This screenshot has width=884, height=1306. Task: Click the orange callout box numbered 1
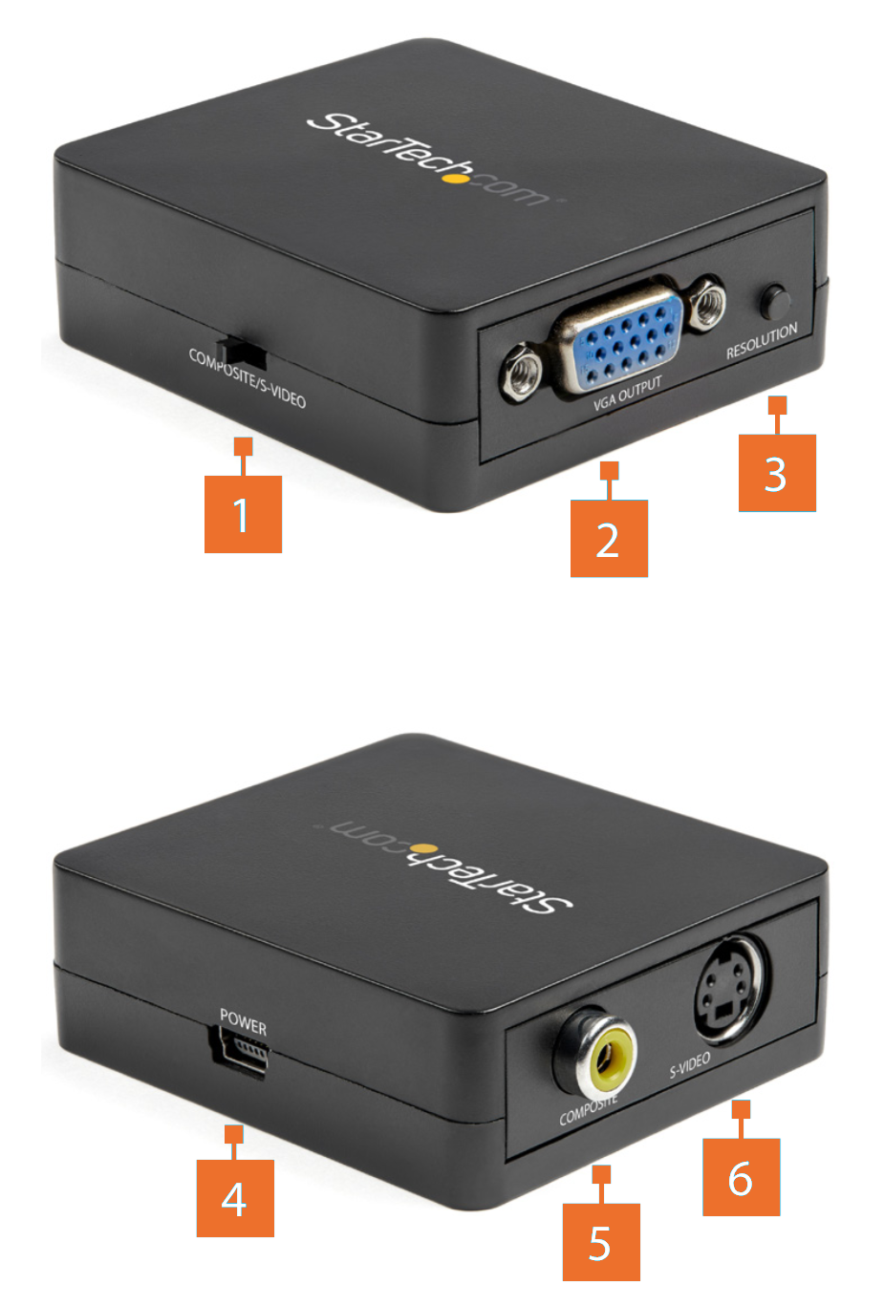pyautogui.click(x=243, y=514)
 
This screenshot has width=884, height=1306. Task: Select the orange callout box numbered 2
pyautogui.click(x=609, y=538)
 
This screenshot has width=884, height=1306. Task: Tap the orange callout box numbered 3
pyautogui.click(x=777, y=473)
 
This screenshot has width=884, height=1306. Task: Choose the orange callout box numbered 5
pyautogui.click(x=601, y=1242)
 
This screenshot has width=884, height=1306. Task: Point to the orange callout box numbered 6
pyautogui.click(x=742, y=1177)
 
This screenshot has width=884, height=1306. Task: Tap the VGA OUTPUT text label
pyautogui.click(x=628, y=393)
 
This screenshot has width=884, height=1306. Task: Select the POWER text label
pyautogui.click(x=243, y=1022)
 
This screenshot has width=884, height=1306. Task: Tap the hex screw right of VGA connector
pyautogui.click(x=707, y=303)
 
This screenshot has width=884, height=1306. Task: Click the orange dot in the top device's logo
pyautogui.click(x=459, y=177)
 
